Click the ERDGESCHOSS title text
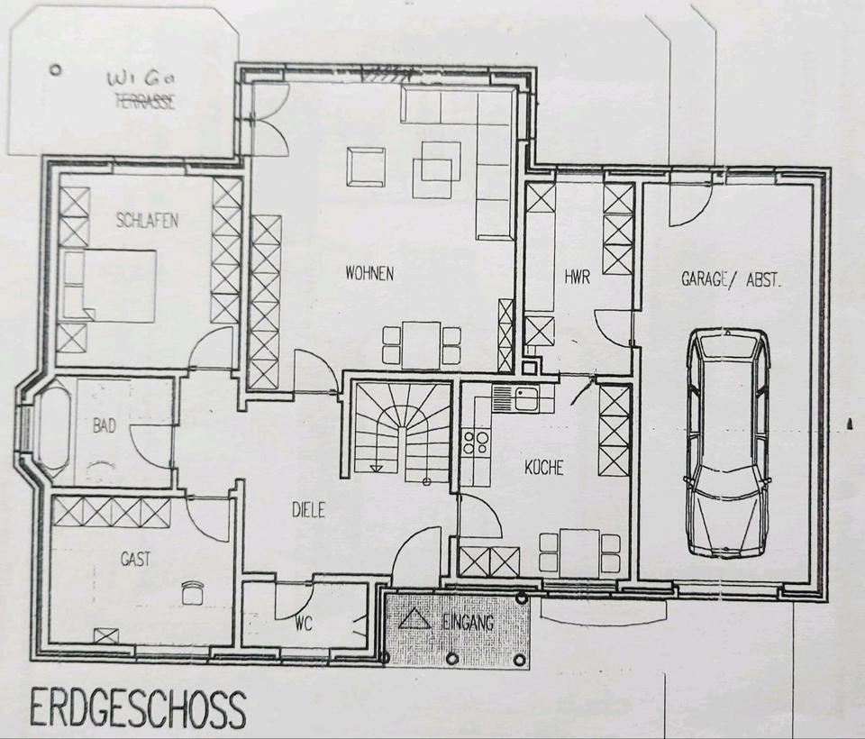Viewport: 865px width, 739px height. coord(138,708)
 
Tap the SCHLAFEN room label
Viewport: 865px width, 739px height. coord(147,221)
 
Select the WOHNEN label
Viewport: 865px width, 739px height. coord(369,273)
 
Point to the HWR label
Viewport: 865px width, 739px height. coord(578,276)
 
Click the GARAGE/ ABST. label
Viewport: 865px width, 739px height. coord(732,279)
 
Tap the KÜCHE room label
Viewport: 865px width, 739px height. coord(544,468)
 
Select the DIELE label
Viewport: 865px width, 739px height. coord(308,510)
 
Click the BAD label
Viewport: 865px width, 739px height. coord(105,425)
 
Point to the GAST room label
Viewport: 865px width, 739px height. coord(136,560)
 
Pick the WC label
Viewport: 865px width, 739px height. coord(304,625)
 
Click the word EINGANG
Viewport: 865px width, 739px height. coord(468,623)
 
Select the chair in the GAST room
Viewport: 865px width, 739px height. coord(192,593)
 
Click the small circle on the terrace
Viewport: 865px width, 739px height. coord(54,70)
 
